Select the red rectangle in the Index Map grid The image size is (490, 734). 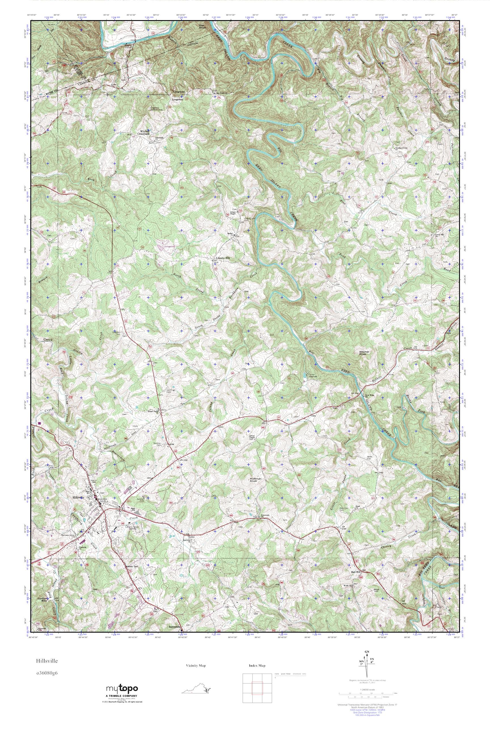257,688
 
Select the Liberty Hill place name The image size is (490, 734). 223,258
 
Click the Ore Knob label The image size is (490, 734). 203,27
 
